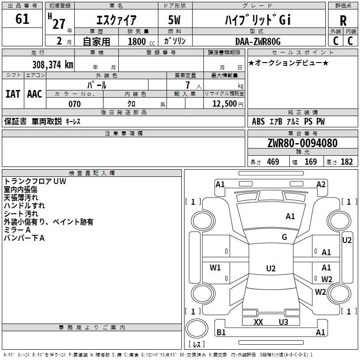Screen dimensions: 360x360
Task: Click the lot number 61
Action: coord(22,19)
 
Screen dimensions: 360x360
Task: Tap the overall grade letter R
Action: coord(343,21)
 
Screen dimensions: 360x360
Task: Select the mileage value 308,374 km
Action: coord(53,64)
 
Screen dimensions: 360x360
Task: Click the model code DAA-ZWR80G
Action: coord(258,41)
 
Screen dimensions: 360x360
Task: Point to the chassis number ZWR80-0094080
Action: coord(302,143)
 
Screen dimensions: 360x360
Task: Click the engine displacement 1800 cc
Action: coord(141,41)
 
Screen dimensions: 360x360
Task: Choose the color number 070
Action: coord(75,104)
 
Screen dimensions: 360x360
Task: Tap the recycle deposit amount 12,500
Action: coord(224,103)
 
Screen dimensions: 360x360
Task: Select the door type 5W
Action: coord(174,20)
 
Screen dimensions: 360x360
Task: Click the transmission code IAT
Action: coord(13,94)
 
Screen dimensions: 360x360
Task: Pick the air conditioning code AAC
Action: coord(35,94)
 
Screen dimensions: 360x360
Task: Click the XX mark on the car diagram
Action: coord(258,322)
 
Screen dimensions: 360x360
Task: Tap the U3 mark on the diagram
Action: coord(283,322)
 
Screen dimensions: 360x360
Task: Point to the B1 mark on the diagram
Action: coord(221,332)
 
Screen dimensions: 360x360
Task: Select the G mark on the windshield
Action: coord(284,237)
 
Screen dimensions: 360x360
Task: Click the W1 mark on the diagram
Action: coord(215,267)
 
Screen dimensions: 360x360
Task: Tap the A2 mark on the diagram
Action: coord(321,184)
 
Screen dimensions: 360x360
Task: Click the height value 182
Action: coord(346,162)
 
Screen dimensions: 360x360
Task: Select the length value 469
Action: coord(273,162)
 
